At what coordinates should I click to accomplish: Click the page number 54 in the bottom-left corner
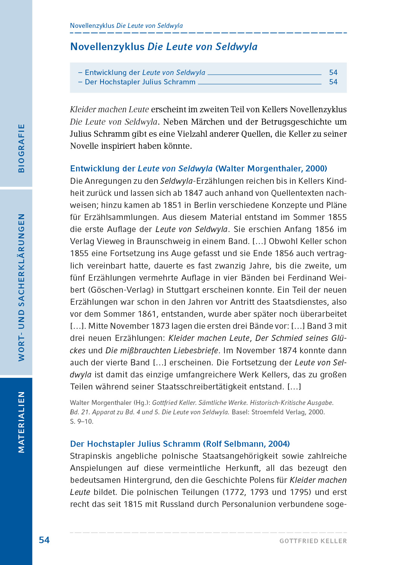coord(44,540)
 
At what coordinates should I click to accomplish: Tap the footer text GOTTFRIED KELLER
coord(313,541)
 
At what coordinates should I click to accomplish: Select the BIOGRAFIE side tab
coord(21,148)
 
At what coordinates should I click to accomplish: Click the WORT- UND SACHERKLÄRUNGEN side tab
coord(21,287)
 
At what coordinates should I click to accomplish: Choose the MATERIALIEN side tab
coord(21,422)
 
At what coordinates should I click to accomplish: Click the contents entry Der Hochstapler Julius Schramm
coord(140,82)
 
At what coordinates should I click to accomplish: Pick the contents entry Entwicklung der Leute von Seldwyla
coord(145,72)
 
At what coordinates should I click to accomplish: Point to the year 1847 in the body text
coord(193,193)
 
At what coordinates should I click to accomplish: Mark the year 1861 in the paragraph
coord(147,314)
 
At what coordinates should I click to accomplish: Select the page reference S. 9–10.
coord(81,421)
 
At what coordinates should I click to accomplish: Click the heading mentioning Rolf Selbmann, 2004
coord(180,444)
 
